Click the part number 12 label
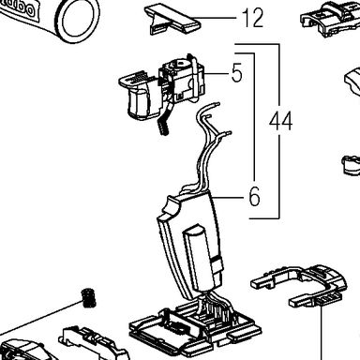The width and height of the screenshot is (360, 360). click(253, 19)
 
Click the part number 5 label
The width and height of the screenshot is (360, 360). click(236, 73)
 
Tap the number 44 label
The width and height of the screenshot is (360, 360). click(280, 122)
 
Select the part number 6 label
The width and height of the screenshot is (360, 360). click(254, 197)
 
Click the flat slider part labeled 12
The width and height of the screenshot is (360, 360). click(171, 19)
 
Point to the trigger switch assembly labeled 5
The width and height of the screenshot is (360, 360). click(162, 91)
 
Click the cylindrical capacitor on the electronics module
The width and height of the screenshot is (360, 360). click(200, 256)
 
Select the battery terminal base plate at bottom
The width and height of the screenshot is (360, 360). click(195, 331)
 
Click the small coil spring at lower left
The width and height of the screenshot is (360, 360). click(89, 298)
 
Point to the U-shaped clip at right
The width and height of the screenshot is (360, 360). click(300, 284)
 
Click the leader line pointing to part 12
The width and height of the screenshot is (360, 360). click(217, 18)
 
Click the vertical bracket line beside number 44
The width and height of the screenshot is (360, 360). click(278, 131)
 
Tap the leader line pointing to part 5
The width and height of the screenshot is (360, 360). click(217, 73)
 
